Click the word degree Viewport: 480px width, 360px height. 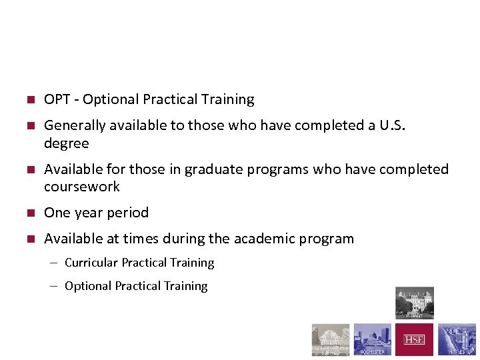[66, 143]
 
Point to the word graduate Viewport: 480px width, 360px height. [212, 169]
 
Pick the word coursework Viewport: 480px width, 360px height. [82, 187]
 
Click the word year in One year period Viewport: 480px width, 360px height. [85, 213]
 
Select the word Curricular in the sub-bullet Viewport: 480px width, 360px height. [91, 263]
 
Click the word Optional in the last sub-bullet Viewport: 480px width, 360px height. [88, 286]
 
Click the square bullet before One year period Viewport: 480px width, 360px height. [30, 213]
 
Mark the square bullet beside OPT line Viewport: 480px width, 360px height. [30, 100]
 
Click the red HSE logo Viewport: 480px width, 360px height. [414, 340]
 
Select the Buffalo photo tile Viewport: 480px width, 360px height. [331, 340]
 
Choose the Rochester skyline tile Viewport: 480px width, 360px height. [372, 340]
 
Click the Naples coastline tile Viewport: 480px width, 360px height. [457, 340]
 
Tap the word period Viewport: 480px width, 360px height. [130, 213]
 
